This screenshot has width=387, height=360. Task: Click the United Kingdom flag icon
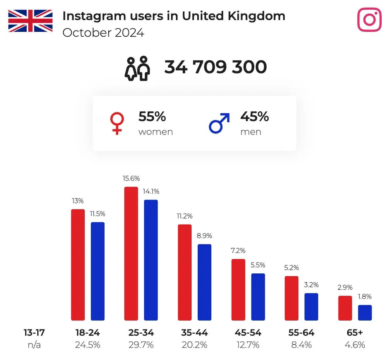30,21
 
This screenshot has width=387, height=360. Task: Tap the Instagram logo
369,19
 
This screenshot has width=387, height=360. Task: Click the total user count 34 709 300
216,67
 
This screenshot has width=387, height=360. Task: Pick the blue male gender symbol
219,123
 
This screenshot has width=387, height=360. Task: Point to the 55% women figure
152,116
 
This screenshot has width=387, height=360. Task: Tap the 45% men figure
254,116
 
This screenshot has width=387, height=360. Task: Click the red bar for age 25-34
131,254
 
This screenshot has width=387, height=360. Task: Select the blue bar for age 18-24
98,271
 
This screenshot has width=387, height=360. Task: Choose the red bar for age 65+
345,308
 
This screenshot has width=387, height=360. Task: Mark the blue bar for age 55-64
311,307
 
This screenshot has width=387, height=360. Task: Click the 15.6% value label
131,179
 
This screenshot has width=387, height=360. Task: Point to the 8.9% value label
204,236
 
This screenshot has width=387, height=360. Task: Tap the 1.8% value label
365,297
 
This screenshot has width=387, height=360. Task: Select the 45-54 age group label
248,333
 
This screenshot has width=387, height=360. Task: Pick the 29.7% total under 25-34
140,345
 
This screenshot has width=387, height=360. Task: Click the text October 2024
103,33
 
